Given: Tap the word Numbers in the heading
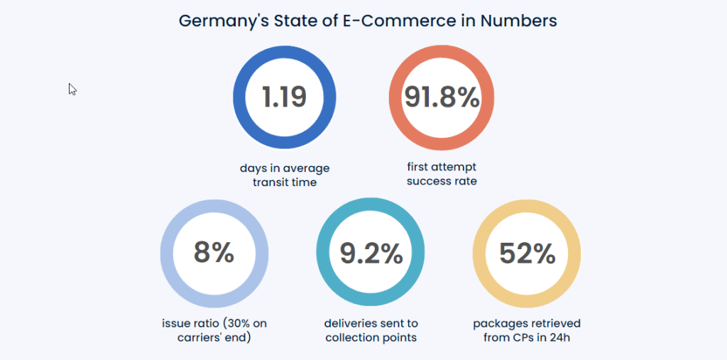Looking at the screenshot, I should point(518,21).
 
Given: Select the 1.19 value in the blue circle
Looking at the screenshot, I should point(284,97).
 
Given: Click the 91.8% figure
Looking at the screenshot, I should point(442,97).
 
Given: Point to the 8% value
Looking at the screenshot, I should point(214,253).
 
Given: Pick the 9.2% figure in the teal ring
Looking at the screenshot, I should point(371,253).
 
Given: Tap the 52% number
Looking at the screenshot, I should point(527,253).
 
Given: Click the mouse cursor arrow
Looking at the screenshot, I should point(72,89).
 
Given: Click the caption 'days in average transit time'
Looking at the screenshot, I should point(284,175).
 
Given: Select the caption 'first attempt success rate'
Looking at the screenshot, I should point(442,174).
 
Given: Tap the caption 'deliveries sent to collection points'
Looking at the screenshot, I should point(371,330).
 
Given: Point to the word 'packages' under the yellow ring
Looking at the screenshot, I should point(498,324).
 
